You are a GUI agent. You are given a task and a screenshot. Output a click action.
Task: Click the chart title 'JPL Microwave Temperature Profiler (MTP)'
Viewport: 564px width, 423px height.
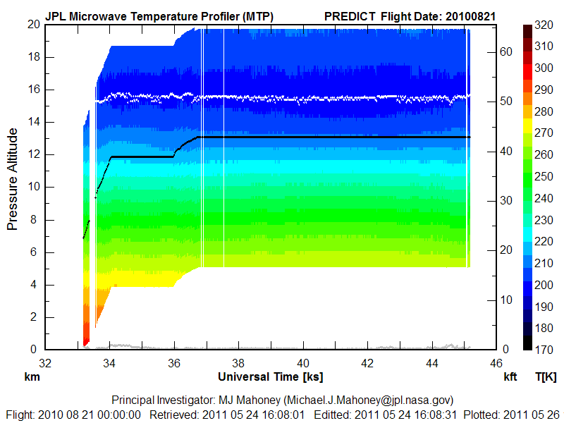[159, 16]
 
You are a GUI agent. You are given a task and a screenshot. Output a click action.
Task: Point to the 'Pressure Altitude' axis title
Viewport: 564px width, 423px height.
[12, 187]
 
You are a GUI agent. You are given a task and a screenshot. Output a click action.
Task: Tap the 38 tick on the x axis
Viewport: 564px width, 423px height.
[238, 364]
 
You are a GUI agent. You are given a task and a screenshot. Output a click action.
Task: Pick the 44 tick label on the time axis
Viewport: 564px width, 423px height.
[432, 364]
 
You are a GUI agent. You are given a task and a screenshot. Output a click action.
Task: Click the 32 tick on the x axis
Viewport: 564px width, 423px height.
[44, 364]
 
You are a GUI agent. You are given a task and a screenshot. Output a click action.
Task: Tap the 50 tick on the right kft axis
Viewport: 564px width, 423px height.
[505, 101]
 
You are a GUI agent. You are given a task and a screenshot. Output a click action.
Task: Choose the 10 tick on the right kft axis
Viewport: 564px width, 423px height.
[505, 300]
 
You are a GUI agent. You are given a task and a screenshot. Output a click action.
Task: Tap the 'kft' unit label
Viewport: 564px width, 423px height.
[510, 377]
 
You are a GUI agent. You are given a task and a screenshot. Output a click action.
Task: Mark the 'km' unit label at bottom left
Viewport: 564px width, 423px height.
[32, 377]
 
